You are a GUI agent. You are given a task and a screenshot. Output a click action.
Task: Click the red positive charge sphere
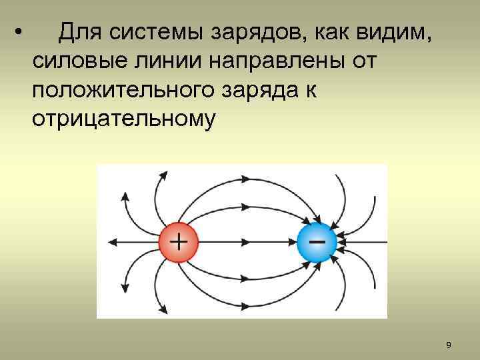click(178, 241)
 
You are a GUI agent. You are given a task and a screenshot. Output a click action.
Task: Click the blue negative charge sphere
click(317, 241)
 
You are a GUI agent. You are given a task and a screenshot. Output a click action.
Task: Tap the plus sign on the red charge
click(178, 241)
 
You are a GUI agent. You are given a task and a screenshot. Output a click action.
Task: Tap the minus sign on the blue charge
click(318, 238)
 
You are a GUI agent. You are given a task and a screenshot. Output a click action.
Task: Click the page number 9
click(448, 345)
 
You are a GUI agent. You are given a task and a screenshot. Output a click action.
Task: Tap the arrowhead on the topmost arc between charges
click(246, 179)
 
